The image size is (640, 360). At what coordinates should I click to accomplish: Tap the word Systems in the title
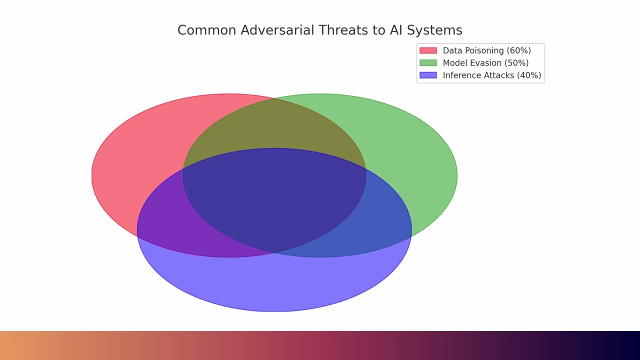(434, 30)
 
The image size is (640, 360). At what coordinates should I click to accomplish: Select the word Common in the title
(206, 30)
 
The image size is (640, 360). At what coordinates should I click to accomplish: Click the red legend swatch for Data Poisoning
(428, 50)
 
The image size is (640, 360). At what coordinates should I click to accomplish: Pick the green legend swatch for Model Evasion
(428, 63)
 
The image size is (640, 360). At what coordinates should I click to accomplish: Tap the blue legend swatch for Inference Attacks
(428, 75)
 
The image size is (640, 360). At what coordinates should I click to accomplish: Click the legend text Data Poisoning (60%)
(486, 50)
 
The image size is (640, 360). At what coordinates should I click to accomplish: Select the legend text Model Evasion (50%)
(485, 63)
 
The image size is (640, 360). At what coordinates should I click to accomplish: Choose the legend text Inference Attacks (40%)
(492, 75)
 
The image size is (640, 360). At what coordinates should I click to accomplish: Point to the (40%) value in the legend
(529, 75)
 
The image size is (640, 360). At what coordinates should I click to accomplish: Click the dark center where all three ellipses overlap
(274, 200)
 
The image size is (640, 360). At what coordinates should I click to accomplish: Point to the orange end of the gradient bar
(10, 345)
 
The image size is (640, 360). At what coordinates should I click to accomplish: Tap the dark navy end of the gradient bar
(630, 345)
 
